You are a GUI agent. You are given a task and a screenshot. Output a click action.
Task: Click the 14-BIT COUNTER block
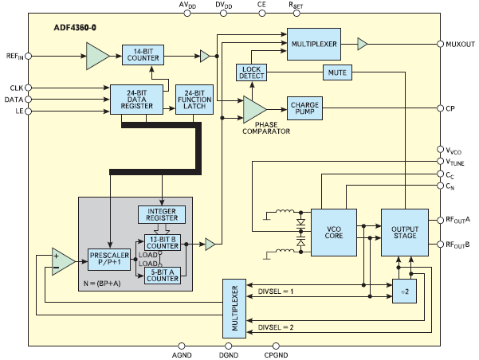tap(143, 55)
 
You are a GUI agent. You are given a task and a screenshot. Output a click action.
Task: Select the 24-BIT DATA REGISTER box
tap(136, 100)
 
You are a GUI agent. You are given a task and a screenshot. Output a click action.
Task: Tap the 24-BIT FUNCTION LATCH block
tap(194, 100)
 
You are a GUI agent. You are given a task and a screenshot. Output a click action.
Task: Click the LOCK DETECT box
tap(251, 72)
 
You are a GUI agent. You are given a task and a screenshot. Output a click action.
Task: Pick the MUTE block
tap(337, 72)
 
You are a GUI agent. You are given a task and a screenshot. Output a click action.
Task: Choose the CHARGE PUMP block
tap(304, 108)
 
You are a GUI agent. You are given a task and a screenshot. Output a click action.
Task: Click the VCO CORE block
tap(334, 233)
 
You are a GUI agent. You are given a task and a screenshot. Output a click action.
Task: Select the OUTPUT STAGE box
tap(405, 233)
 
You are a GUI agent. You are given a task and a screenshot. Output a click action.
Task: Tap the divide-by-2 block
tap(404, 291)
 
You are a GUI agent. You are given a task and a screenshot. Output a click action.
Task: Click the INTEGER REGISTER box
tap(162, 215)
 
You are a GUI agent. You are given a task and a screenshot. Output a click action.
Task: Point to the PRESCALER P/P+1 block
tap(109, 259)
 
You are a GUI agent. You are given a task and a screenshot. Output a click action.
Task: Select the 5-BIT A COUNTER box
tap(163, 276)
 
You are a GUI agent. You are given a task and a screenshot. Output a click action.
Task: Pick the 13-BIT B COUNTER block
tap(163, 243)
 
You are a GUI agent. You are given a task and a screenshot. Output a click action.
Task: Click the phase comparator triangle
tap(254, 109)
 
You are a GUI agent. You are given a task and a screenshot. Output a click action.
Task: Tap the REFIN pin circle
tap(28, 57)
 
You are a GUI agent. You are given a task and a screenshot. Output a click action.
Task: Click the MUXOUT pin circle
tap(440, 44)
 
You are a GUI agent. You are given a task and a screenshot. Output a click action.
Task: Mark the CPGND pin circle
tap(276, 346)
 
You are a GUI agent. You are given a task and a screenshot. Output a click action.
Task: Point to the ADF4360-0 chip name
tap(75, 28)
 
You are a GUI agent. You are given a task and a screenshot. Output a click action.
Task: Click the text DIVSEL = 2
tap(276, 327)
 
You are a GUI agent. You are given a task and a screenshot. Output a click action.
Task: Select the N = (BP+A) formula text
tap(102, 284)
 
